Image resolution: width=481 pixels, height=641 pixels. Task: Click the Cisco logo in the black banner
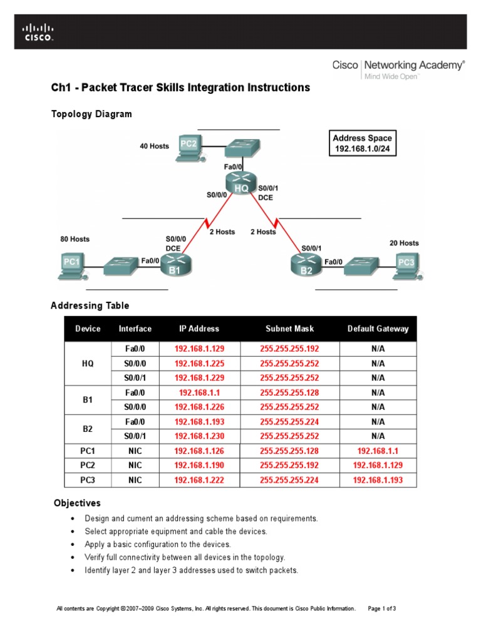pyautogui.click(x=38, y=31)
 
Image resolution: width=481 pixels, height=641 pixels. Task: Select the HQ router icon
pyautogui.click(x=241, y=182)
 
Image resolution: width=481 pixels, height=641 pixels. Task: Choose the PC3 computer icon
pyautogui.click(x=408, y=265)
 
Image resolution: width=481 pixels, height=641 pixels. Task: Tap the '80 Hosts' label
pyautogui.click(x=75, y=239)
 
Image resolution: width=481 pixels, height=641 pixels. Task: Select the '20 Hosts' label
pyautogui.click(x=404, y=243)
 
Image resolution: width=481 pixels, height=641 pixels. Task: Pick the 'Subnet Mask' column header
pyautogui.click(x=289, y=329)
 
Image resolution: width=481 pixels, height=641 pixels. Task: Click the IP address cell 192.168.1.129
pyautogui.click(x=199, y=349)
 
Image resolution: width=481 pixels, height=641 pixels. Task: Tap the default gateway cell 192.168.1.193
pyautogui.click(x=378, y=480)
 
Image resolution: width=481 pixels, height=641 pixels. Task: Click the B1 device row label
pyautogui.click(x=88, y=399)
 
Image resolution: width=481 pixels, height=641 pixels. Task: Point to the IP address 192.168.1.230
pyautogui.click(x=199, y=436)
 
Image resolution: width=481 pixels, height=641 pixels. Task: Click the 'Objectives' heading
pyautogui.click(x=77, y=503)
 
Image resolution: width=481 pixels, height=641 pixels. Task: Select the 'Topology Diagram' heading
pyautogui.click(x=91, y=114)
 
